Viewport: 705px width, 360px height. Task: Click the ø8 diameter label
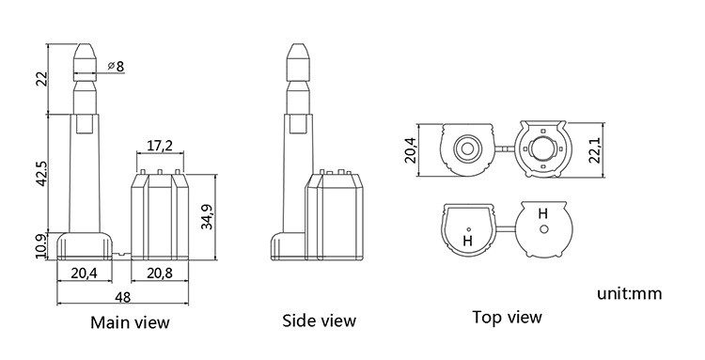[x=116, y=66]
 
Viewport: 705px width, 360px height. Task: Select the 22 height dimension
[x=41, y=79]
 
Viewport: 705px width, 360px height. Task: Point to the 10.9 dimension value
[x=41, y=246]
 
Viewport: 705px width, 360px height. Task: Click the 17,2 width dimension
[x=160, y=145]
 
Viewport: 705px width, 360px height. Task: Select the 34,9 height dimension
[x=208, y=216]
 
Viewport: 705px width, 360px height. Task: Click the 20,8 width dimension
[x=160, y=273]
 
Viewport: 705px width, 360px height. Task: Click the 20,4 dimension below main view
[x=85, y=273]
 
